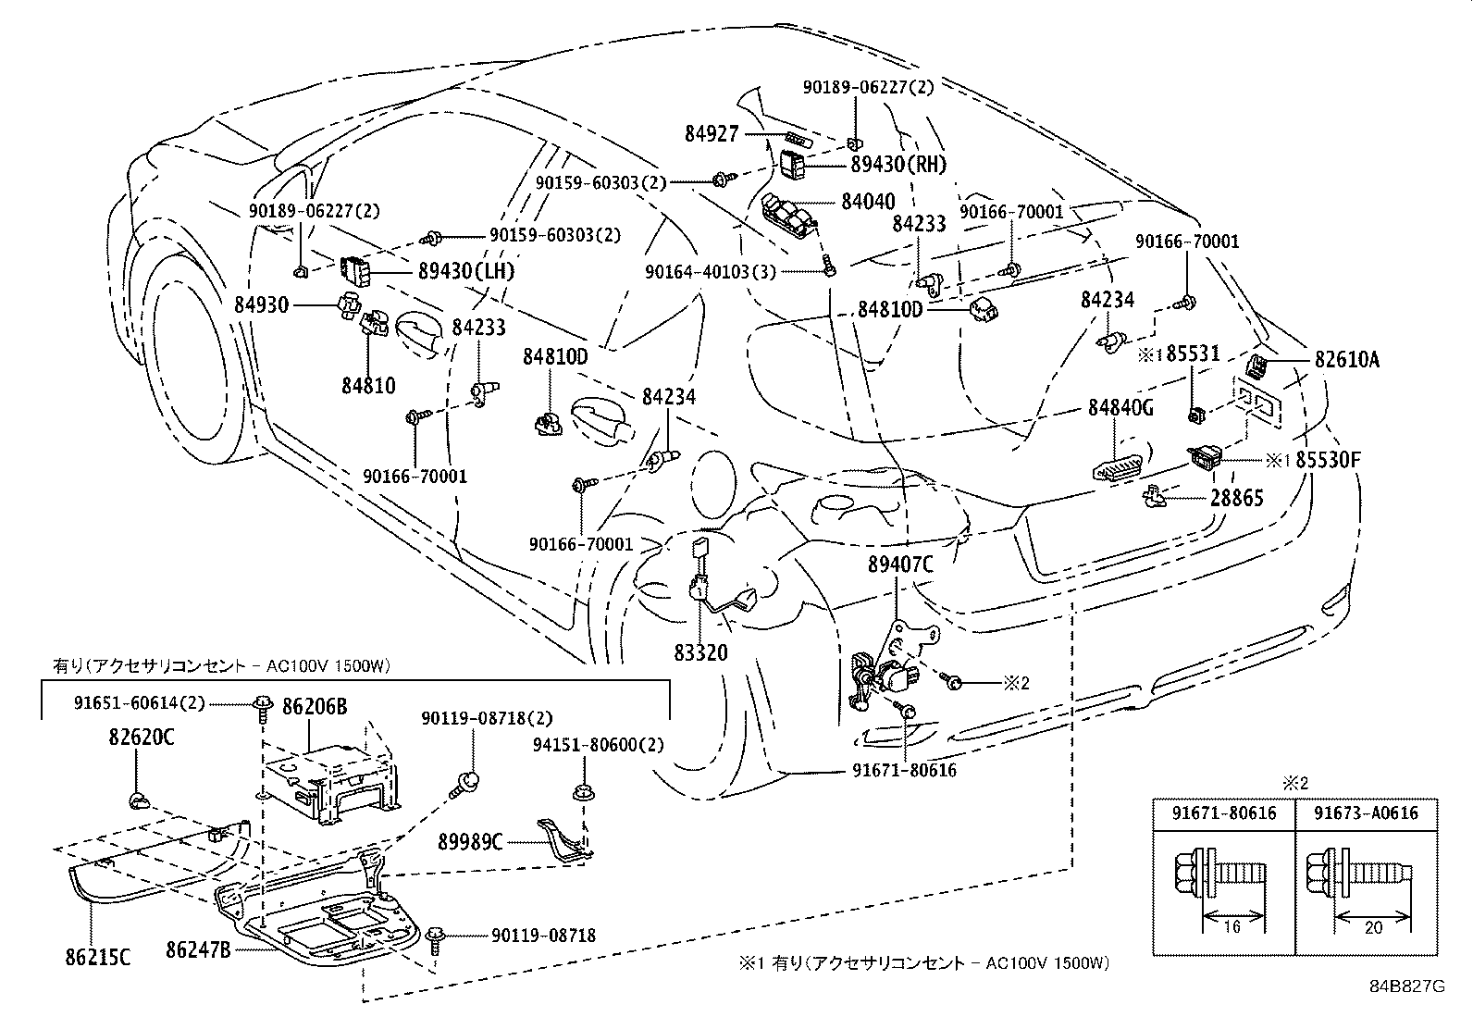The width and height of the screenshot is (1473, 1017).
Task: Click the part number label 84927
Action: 712,134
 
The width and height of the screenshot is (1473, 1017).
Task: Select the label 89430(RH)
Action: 898,164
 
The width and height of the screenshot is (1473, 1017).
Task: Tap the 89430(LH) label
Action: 465,271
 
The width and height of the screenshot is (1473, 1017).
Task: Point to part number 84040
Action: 867,201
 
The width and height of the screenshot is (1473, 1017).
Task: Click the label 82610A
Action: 1347,360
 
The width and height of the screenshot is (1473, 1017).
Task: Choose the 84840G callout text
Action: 1120,407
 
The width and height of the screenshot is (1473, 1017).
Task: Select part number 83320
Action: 700,652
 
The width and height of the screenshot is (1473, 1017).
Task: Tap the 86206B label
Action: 316,708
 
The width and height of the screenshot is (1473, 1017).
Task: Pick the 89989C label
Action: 471,841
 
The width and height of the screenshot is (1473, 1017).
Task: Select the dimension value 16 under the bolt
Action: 1231,927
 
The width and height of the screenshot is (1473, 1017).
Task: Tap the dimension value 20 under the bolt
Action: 1373,927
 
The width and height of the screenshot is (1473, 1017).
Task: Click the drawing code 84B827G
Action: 1406,986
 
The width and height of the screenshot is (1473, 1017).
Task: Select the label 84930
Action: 262,304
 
